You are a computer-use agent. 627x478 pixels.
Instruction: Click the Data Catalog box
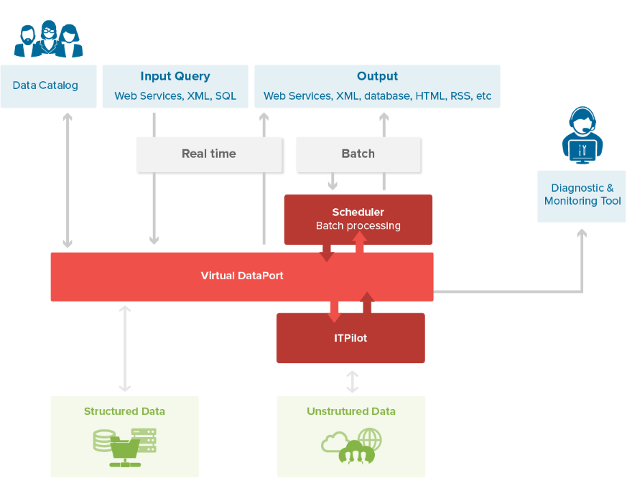[x=48, y=86]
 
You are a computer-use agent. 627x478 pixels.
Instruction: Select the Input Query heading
[x=175, y=76]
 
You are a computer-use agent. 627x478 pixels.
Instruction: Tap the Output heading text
[x=377, y=76]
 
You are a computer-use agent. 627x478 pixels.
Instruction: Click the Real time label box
[x=209, y=154]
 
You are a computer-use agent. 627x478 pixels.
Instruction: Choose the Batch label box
[x=358, y=154]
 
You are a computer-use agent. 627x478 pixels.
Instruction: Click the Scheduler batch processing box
[x=358, y=219]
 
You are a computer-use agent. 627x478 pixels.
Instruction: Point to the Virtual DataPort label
[x=242, y=276]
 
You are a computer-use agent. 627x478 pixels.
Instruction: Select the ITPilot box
[x=350, y=338]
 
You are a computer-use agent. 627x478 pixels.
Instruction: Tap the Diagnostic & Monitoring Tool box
[x=582, y=195]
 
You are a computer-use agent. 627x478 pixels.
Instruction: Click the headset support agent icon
[x=582, y=135]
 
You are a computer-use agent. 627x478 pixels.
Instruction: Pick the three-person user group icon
[x=49, y=39]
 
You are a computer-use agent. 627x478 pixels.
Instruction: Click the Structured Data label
[x=124, y=411]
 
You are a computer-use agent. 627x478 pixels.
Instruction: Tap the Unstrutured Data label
[x=350, y=411]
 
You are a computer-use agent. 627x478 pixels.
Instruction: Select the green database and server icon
[x=124, y=442]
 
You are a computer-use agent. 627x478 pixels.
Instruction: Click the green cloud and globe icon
[x=352, y=445]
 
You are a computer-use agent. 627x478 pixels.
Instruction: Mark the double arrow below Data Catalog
[x=68, y=179]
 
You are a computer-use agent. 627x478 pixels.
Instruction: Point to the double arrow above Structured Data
[x=125, y=348]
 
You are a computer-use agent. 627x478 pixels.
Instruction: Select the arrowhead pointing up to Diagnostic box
[x=582, y=233]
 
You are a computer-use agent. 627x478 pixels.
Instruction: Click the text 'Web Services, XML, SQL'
[x=175, y=96]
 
